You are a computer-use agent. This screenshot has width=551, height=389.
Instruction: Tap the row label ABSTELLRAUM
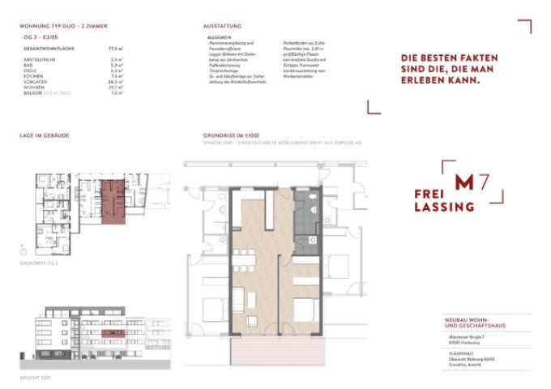pyautogui.click(x=36, y=59)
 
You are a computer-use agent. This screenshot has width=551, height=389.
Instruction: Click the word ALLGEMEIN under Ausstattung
pyautogui.click(x=220, y=37)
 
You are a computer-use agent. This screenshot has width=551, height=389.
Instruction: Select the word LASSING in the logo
pyautogui.click(x=444, y=207)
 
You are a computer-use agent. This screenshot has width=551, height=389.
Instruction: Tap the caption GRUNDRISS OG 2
pyautogui.click(x=40, y=263)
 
